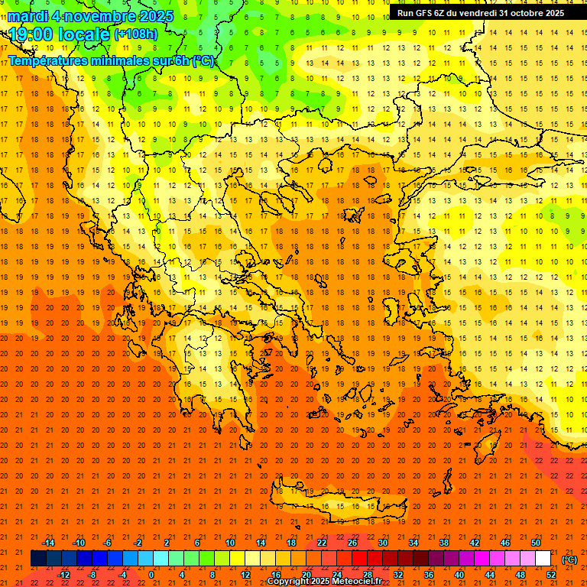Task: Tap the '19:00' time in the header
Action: (31, 34)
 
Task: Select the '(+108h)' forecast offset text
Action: (136, 34)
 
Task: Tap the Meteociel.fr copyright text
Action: (324, 582)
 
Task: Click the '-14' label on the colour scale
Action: (48, 543)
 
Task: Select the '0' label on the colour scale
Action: (151, 575)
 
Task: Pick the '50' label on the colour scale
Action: (535, 543)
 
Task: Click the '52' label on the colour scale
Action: (551, 575)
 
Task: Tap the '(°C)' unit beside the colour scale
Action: (570, 559)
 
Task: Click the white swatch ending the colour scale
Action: (543, 559)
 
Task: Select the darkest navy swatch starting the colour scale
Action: (38, 559)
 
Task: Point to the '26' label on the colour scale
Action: (352, 543)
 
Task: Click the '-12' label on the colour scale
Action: (63, 575)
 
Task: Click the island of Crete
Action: (336, 507)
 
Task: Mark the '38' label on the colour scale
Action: (443, 543)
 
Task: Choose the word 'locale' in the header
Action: (83, 34)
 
